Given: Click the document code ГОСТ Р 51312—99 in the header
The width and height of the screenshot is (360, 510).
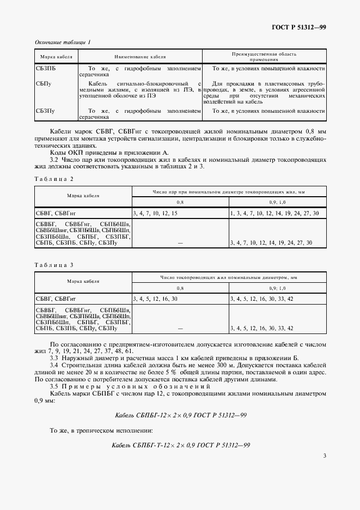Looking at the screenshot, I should point(299,27).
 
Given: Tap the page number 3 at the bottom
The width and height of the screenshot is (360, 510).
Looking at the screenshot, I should point(324,456).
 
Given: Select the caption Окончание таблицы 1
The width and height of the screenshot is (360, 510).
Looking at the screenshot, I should point(63,42).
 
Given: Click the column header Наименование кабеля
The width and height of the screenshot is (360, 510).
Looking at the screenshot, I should point(140,56).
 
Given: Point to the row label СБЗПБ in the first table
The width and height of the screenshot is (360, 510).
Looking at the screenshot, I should point(46,69).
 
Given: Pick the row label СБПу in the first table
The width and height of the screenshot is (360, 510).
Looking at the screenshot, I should point(44,83).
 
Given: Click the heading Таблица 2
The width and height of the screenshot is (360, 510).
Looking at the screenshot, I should point(53,179).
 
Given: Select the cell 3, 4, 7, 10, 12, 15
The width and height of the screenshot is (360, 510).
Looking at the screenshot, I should point(155,214).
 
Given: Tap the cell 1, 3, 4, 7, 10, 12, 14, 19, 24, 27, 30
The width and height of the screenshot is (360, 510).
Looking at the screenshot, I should point(274,214).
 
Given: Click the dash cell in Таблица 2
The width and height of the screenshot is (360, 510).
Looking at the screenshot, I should point(180,242).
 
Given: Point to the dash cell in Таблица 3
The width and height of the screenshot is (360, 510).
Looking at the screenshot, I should point(180,328).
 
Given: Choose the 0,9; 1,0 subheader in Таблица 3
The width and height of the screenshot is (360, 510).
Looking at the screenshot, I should point(277,287).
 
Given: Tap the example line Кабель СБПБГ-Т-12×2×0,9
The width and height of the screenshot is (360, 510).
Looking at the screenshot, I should point(180,445).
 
